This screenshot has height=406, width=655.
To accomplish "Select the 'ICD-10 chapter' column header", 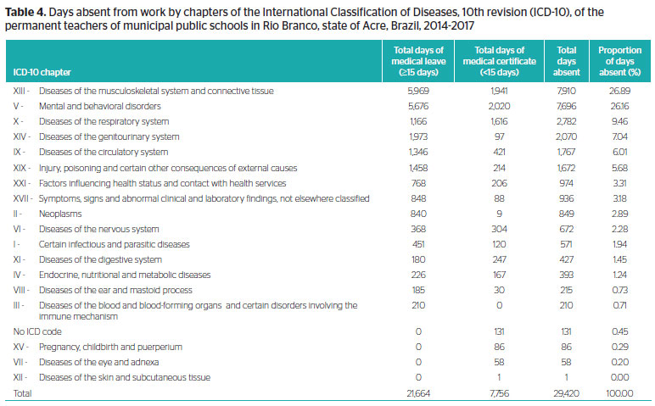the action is coord(42,72).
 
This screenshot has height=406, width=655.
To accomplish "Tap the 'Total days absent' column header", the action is coord(566,61).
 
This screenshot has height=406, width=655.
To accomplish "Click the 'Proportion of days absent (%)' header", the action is coord(619,61).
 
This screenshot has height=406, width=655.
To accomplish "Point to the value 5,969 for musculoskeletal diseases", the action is coord(418,91).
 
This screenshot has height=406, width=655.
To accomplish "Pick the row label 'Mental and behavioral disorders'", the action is coord(100,106).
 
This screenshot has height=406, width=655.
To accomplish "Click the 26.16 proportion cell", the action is coord(619,106).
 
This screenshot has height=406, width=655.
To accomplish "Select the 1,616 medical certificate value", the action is coord(499,121).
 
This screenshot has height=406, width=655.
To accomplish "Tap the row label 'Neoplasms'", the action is coord(60,214).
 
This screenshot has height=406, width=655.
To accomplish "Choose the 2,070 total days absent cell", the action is coord(566,136).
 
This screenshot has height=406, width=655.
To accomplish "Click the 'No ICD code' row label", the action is coord(37,331).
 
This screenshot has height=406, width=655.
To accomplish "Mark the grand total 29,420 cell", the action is coord(566,393).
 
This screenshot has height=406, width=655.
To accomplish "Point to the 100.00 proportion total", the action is coord(619,393).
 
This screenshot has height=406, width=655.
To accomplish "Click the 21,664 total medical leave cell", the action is coord(418,393).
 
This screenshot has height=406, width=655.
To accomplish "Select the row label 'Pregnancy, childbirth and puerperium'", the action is coord(110,347).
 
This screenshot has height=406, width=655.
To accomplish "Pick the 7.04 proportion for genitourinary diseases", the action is coord(619,136).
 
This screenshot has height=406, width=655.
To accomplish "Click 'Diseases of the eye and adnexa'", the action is coord(99,362).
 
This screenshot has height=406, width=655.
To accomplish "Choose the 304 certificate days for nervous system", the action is coord(499,229).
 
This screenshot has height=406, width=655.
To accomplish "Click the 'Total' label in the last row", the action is coord(22,393).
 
